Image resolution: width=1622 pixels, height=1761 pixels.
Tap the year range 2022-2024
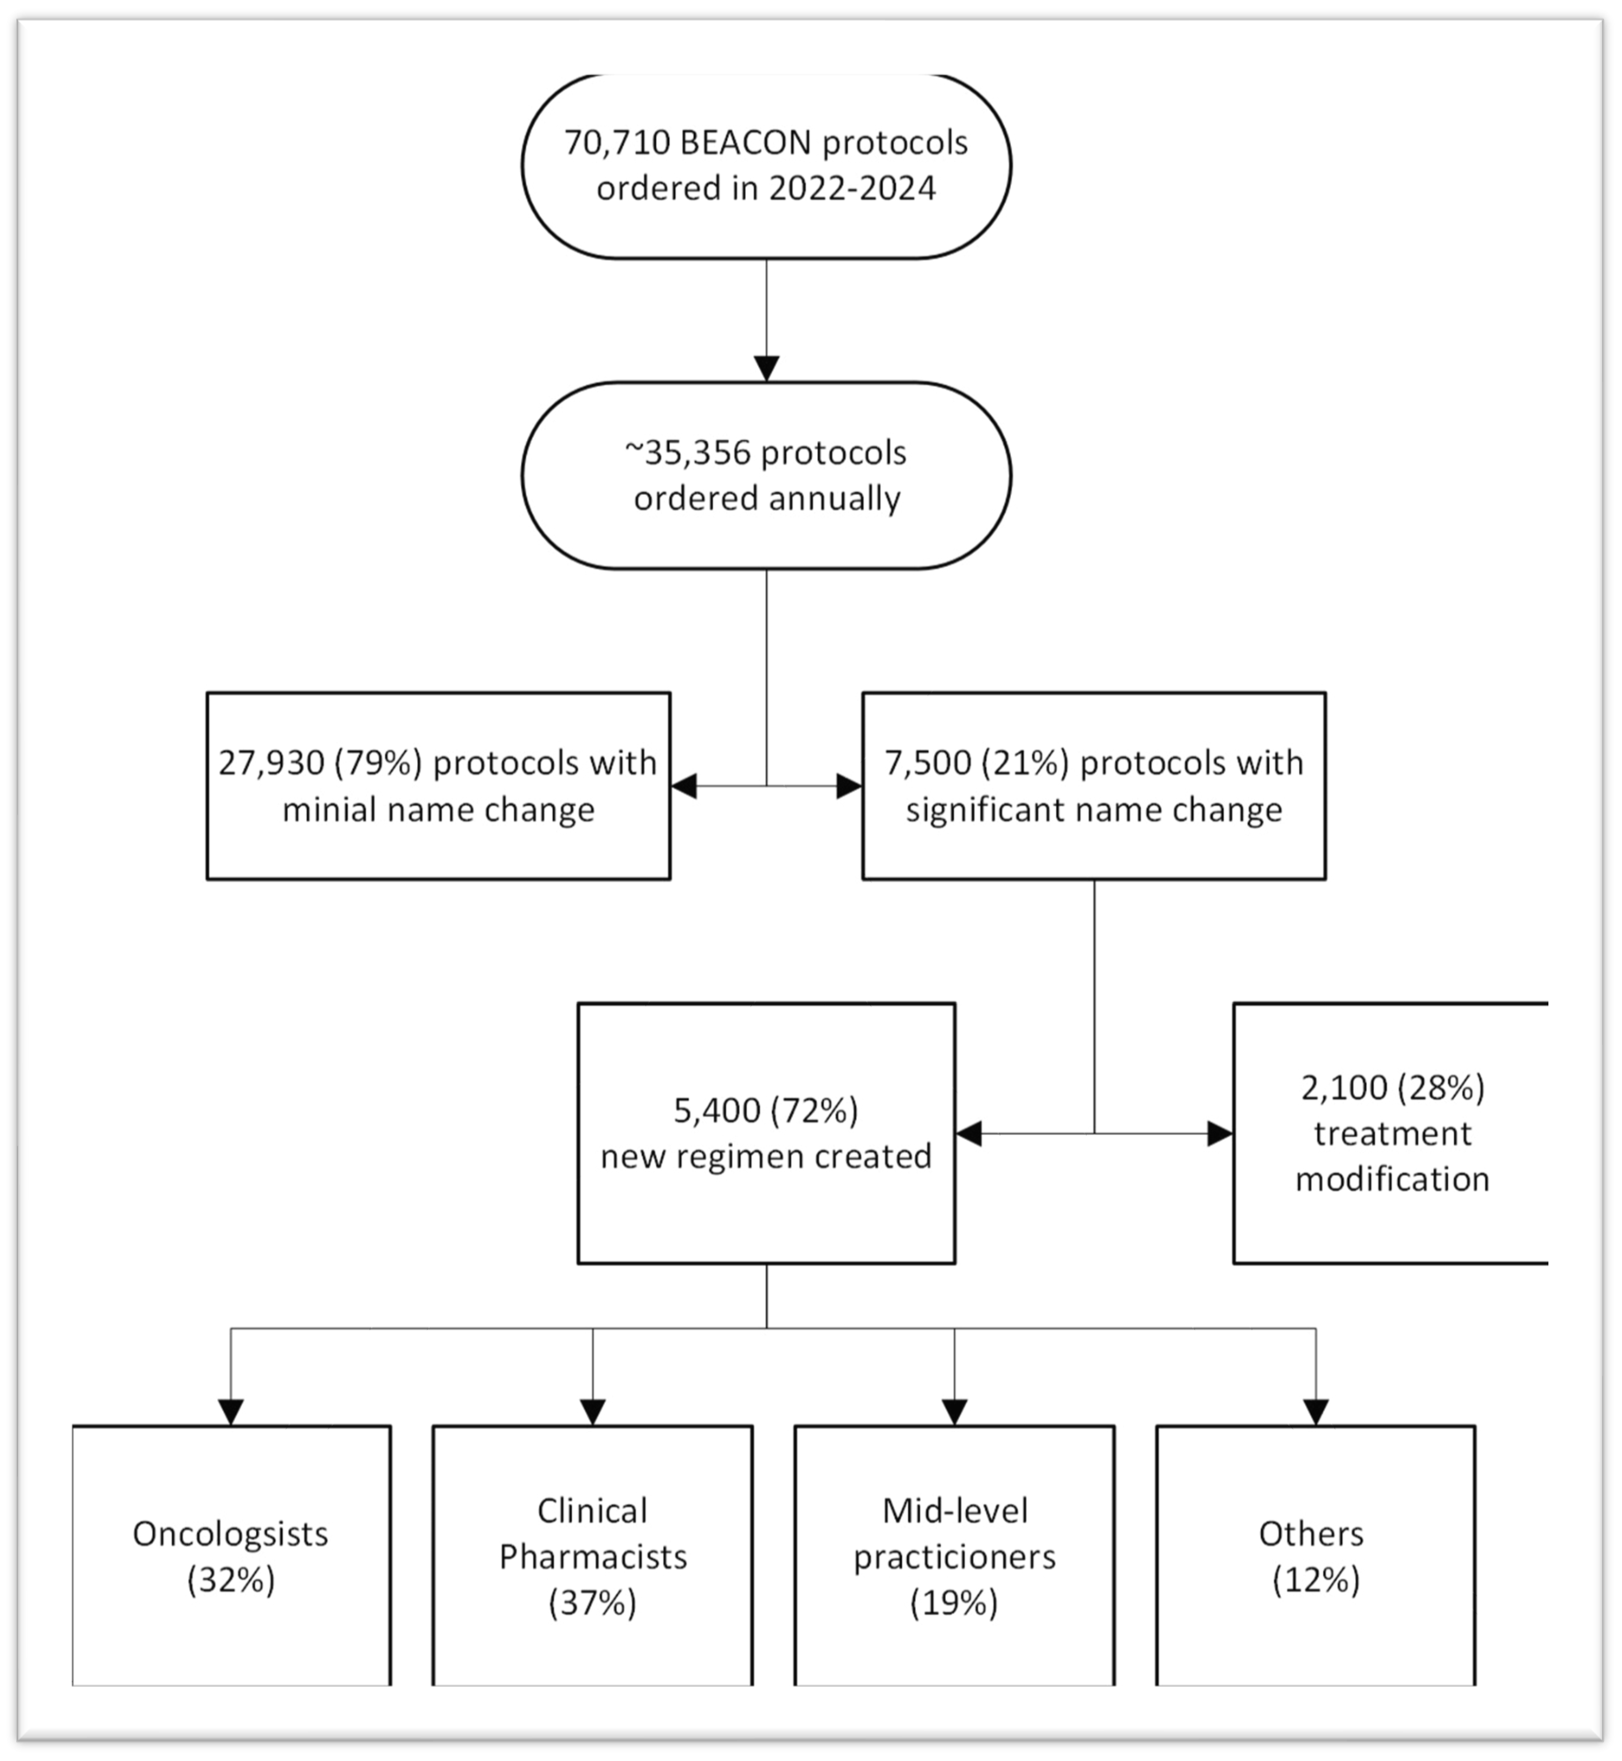852,188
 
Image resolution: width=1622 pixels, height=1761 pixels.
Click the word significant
986,809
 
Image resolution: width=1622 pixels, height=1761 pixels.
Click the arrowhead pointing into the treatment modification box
1220,1133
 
